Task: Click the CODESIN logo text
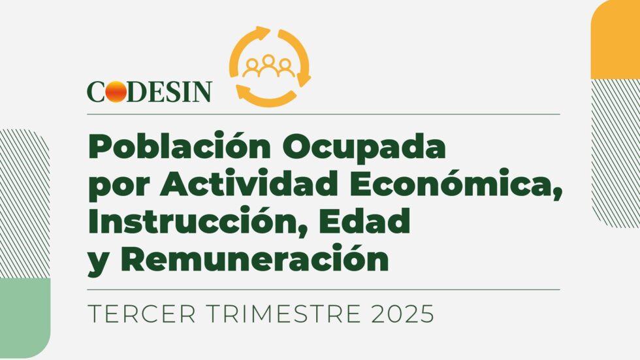pyautogui.click(x=150, y=91)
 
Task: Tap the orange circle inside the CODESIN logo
pyautogui.click(x=116, y=91)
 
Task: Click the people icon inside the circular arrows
pyautogui.click(x=268, y=66)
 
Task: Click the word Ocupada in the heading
pyautogui.click(x=364, y=147)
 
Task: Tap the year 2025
pyautogui.click(x=402, y=314)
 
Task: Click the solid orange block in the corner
pyautogui.click(x=615, y=40)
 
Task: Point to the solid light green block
pyautogui.click(x=25, y=318)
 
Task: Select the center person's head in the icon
pyautogui.click(x=268, y=60)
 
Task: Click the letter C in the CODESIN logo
pyautogui.click(x=96, y=92)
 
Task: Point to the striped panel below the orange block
pyautogui.click(x=615, y=154)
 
